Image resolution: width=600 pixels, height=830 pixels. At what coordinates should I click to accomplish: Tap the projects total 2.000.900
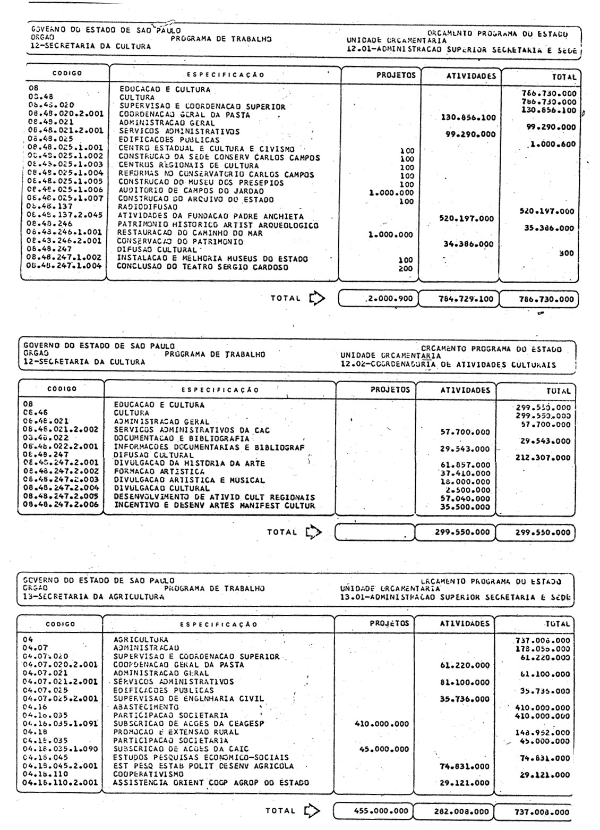click(390, 299)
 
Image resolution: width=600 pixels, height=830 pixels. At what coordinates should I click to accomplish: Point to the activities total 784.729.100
click(459, 299)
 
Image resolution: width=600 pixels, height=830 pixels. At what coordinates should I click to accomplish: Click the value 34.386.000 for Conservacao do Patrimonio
click(468, 244)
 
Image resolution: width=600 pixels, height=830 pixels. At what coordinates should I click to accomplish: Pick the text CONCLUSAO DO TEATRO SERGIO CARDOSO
click(203, 267)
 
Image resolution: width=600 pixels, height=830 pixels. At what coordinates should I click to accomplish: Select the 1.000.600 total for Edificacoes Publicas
click(551, 144)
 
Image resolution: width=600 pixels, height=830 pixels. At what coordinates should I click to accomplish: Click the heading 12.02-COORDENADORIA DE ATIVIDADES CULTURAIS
click(449, 365)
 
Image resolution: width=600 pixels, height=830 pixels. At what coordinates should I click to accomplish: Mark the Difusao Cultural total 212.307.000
click(543, 457)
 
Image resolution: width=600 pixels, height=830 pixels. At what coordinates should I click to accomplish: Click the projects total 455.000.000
click(381, 811)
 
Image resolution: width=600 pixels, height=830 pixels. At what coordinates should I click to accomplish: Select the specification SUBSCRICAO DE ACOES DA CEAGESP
click(189, 724)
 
